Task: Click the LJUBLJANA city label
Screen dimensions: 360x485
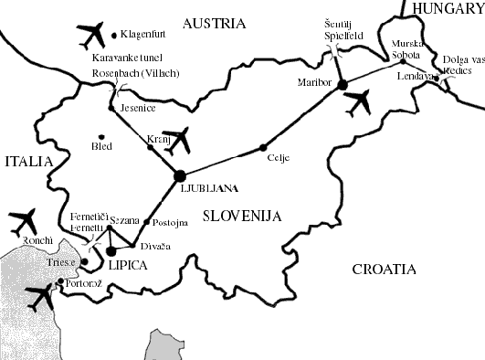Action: [x=209, y=189]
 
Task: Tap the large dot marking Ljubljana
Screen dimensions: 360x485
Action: [x=180, y=175]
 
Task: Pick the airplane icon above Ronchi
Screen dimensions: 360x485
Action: [x=22, y=221]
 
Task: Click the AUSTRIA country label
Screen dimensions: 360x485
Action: [x=214, y=23]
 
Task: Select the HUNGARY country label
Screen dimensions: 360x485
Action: [x=448, y=8]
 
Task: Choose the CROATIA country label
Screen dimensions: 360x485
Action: [x=384, y=270]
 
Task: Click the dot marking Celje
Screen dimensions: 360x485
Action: [x=264, y=147]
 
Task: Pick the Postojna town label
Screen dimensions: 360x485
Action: [x=170, y=222]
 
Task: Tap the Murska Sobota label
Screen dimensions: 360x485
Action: [x=406, y=49]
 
